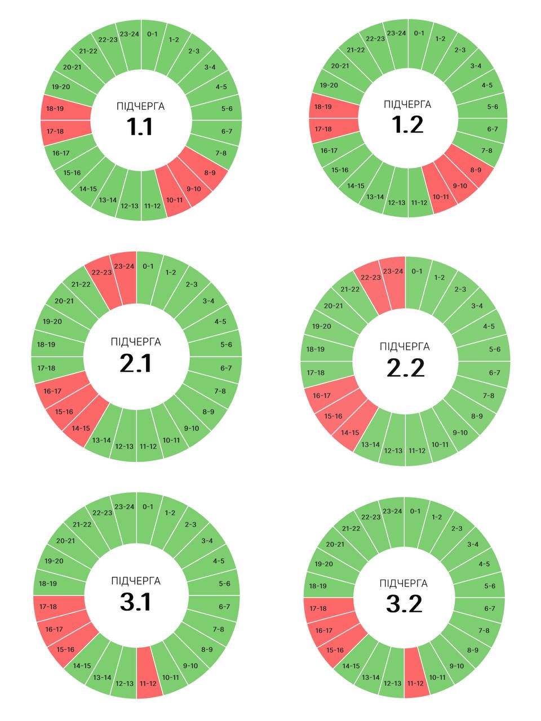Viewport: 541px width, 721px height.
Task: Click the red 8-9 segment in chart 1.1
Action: pyautogui.click(x=209, y=172)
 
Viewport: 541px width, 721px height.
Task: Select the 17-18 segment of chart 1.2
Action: pyautogui.click(x=323, y=129)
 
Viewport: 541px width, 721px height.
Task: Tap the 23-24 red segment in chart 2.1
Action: pyautogui.click(x=124, y=266)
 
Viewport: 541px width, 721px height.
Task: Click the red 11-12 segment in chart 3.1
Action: pyautogui.click(x=148, y=683)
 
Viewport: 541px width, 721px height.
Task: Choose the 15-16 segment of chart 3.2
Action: pyautogui.click(x=335, y=650)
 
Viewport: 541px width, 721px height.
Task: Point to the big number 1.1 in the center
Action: pyautogui.click(x=140, y=127)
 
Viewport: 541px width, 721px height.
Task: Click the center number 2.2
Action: pyautogui.click(x=406, y=368)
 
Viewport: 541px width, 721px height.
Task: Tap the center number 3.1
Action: pyautogui.click(x=136, y=602)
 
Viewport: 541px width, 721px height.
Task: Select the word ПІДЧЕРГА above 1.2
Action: pyautogui.click(x=407, y=104)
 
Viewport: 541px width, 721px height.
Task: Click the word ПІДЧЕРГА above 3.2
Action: pyautogui.click(x=403, y=583)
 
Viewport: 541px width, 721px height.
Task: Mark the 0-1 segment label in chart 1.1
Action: pyautogui.click(x=152, y=34)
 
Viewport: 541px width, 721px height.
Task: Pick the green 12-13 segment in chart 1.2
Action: pyautogui.click(x=396, y=203)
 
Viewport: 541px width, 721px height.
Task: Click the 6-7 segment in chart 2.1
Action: pyautogui.click(x=226, y=368)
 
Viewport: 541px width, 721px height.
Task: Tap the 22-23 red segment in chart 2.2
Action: pyautogui.click(x=371, y=278)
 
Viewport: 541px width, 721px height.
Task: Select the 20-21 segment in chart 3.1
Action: pyautogui.click(x=65, y=541)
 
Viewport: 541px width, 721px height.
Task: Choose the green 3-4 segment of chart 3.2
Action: pyautogui.click(x=473, y=544)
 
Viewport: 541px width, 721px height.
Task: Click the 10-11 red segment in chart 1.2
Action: pyautogui.click(x=441, y=197)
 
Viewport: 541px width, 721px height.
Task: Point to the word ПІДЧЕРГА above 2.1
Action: pyautogui.click(x=136, y=342)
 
